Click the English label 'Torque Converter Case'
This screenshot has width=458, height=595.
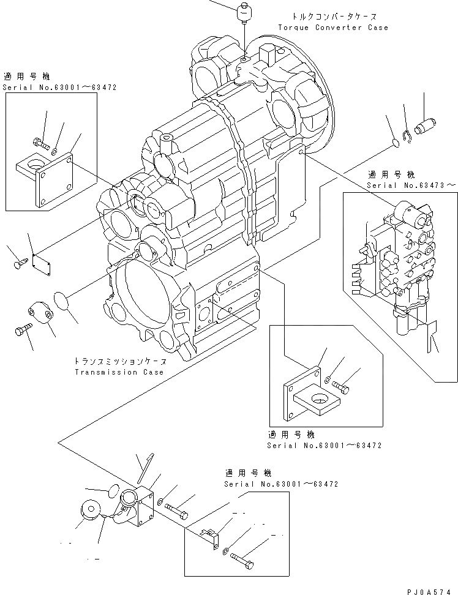332,28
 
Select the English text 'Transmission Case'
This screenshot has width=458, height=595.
119,372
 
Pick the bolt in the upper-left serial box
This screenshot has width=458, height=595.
40,142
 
